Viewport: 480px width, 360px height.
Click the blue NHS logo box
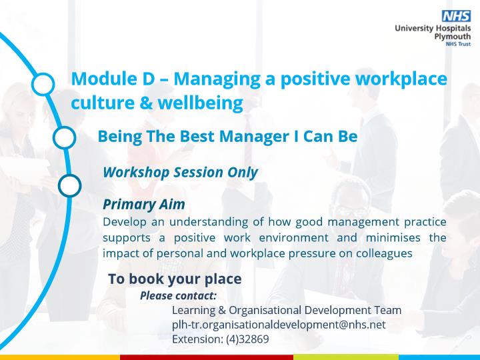pos(456,16)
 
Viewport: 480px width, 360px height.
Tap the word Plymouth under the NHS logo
pos(453,37)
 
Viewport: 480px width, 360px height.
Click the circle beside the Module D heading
pos(43,84)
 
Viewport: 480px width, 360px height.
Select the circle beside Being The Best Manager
pos(64,137)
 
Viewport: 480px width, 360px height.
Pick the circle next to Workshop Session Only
pos(70,185)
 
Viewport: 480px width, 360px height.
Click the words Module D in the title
pos(113,79)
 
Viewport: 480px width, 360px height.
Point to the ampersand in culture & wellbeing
pos(146,103)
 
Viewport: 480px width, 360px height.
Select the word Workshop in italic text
pos(136,173)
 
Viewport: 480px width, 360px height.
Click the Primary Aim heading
pos(144,204)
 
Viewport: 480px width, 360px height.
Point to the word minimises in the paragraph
pos(393,237)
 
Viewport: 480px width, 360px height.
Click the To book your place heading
pos(175,279)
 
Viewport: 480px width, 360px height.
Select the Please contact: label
pos(178,296)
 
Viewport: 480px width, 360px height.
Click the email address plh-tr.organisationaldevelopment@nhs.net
pos(279,325)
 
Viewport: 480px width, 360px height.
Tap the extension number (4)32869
pos(247,339)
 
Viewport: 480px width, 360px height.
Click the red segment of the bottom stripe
pos(207,357)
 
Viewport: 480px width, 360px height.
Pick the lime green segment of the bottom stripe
pos(346,357)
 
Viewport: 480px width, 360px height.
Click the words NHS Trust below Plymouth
pos(458,44)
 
